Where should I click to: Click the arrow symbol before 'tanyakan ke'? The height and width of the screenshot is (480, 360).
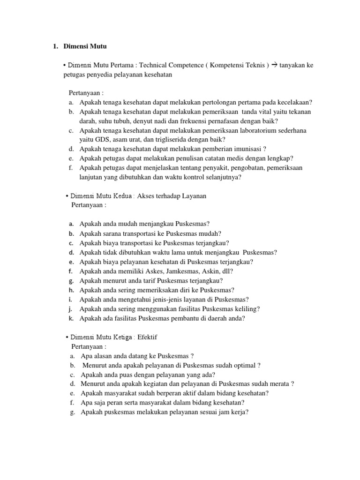(274, 66)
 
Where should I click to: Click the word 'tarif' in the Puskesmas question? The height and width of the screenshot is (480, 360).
(142, 280)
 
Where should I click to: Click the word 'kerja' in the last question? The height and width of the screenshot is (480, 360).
(238, 412)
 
